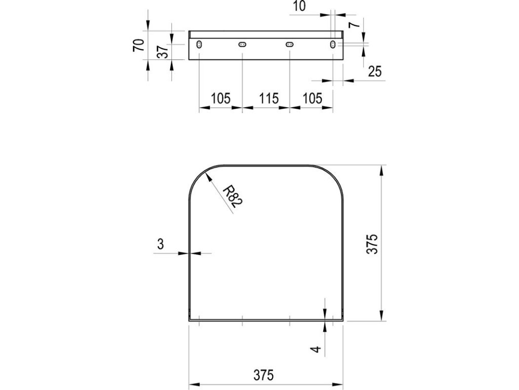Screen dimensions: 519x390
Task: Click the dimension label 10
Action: click(300, 6)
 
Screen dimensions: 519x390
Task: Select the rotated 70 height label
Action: click(139, 45)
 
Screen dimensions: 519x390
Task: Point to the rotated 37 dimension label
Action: click(163, 52)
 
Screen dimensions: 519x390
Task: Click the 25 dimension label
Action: click(375, 71)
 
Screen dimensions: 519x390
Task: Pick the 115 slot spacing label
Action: click(269, 99)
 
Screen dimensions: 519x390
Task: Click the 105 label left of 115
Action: click(220, 99)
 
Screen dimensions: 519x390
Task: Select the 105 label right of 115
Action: click(312, 99)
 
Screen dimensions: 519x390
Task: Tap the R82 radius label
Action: click(233, 197)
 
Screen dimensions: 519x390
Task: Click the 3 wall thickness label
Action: click(161, 244)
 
